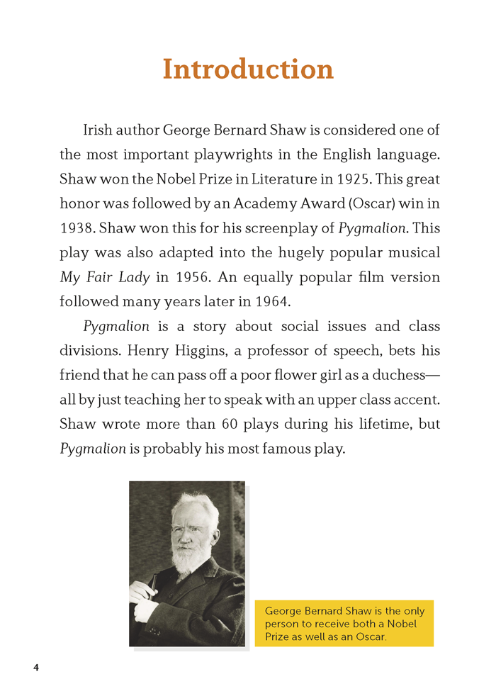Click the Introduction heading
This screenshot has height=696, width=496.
tap(248, 69)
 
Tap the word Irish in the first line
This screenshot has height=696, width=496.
tap(98, 130)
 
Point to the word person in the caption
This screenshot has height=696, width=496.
tap(281, 624)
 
